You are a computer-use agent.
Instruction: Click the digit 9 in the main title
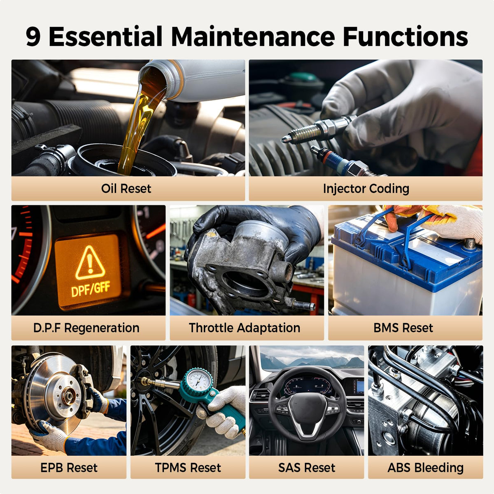pyautogui.click(x=33, y=37)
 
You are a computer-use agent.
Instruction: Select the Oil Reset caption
pyautogui.click(x=126, y=189)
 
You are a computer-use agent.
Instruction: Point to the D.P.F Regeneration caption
pyautogui.click(x=86, y=328)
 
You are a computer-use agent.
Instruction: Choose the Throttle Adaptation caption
pyautogui.click(x=245, y=328)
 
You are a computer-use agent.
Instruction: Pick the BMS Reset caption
pyautogui.click(x=403, y=328)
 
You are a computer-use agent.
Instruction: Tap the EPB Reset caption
pyautogui.click(x=69, y=468)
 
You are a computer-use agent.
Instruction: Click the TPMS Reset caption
pyautogui.click(x=188, y=468)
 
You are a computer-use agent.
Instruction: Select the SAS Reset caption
pyautogui.click(x=307, y=468)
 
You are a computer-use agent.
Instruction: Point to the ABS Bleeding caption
pyautogui.click(x=426, y=468)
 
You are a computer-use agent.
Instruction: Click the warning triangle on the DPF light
pyautogui.click(x=90, y=263)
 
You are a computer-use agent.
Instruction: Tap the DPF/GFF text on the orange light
pyautogui.click(x=91, y=289)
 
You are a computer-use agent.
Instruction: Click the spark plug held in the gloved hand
pyautogui.click(x=319, y=129)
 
